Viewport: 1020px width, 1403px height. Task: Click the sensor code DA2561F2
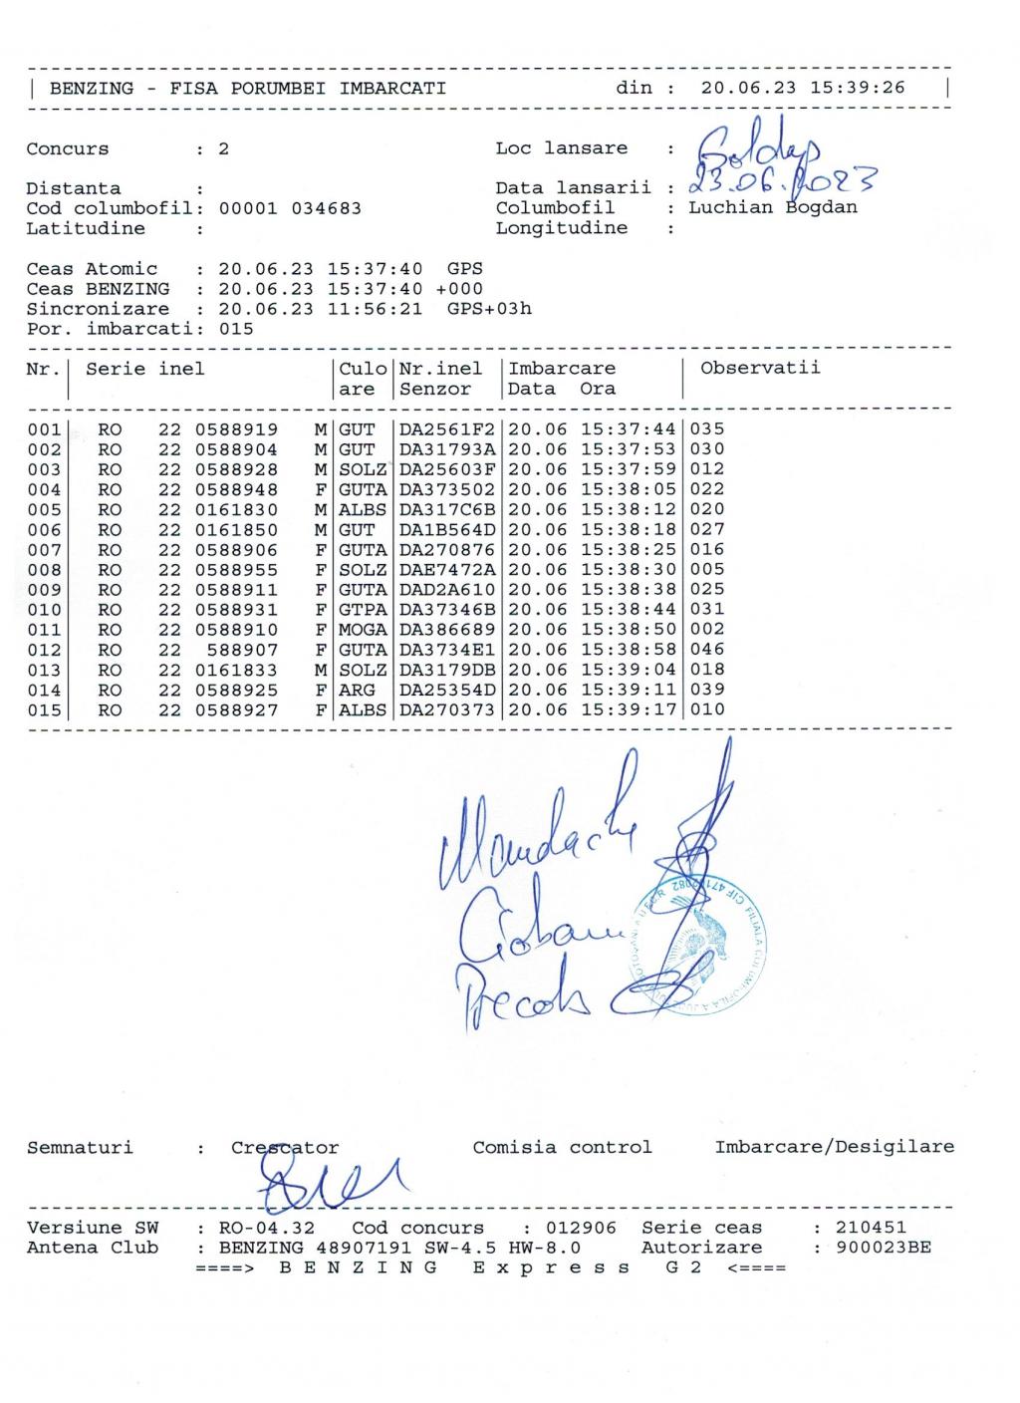pos(447,429)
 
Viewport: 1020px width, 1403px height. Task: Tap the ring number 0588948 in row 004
pos(236,489)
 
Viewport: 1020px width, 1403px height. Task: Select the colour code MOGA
pos(363,630)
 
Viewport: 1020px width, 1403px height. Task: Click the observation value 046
pos(707,650)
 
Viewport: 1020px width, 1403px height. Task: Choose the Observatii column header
pos(760,368)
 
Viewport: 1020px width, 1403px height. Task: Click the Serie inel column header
pos(144,369)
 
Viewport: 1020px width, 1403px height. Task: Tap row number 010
pos(44,610)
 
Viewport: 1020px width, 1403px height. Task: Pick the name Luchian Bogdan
pos(773,208)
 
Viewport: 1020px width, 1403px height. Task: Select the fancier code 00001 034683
pos(290,209)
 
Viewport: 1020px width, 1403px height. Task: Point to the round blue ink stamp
pos(697,937)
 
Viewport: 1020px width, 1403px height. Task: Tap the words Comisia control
pos(562,1147)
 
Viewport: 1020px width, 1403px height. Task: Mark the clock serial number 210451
pos(872,1228)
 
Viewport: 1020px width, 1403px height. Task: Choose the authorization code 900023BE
pos(884,1248)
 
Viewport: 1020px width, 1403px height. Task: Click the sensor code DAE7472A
pos(447,570)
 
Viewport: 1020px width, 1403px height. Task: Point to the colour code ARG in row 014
pos(358,690)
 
